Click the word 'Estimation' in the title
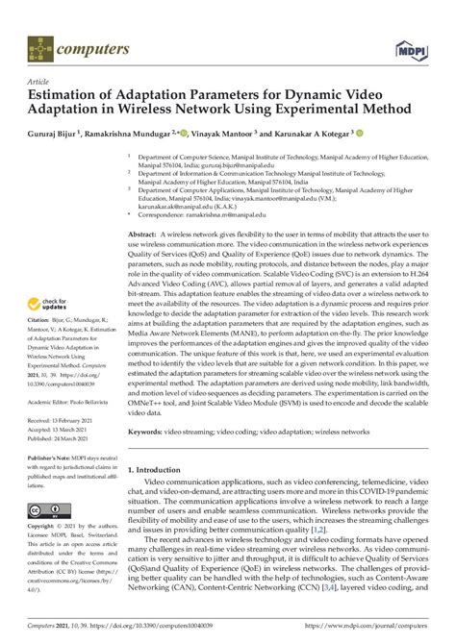click(70, 95)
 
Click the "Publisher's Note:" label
click(48, 458)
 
